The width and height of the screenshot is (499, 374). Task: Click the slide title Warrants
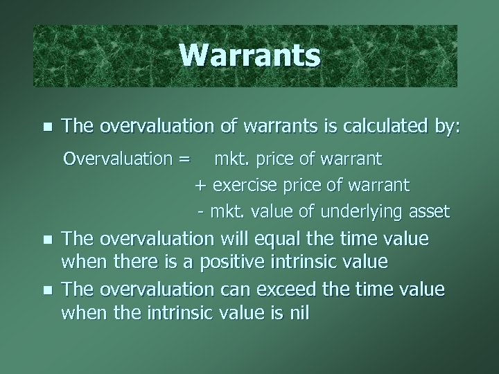point(249,56)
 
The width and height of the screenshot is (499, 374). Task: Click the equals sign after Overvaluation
point(184,160)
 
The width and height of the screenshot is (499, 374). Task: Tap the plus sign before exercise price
point(202,186)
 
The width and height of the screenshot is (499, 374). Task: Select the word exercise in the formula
point(242,186)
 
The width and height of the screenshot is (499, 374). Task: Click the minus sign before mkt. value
point(201,211)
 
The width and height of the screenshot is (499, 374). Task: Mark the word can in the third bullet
point(234,289)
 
